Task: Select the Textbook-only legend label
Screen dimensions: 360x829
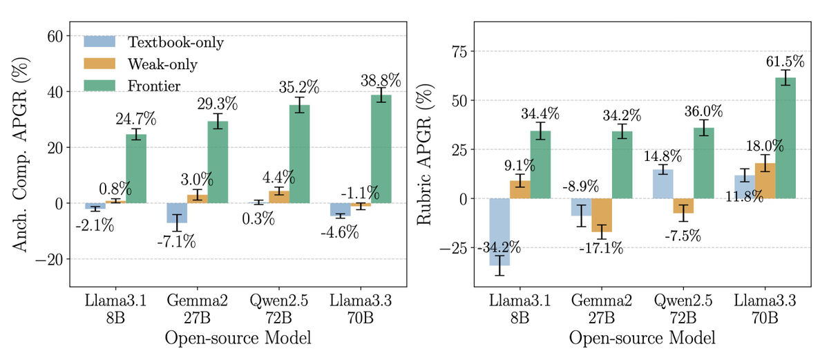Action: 175,42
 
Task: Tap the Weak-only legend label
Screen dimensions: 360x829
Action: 162,64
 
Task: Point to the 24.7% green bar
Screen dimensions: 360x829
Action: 136,169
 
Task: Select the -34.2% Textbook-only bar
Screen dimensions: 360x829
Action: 499,232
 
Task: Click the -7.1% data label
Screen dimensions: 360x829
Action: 176,242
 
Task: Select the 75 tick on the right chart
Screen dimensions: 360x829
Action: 458,52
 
